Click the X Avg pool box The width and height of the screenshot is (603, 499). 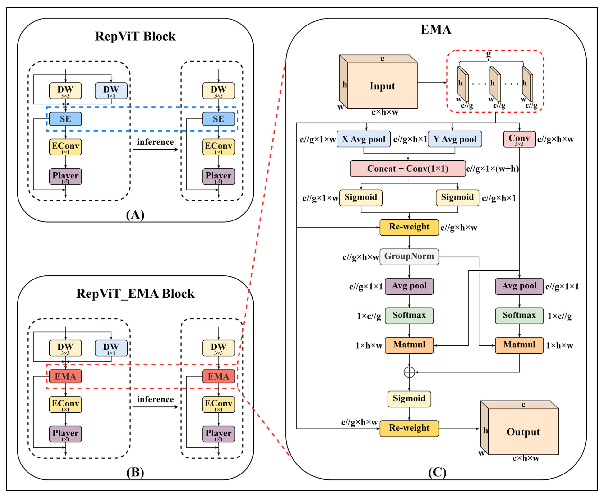point(364,139)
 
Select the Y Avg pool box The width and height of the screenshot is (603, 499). point(455,139)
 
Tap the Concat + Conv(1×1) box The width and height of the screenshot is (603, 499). point(408,168)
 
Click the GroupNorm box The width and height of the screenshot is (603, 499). point(409,257)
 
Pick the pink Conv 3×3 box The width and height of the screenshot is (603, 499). point(519,139)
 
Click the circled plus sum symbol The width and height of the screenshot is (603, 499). point(409,372)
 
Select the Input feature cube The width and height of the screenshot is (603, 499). point(382,85)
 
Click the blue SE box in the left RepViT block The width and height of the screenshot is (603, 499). point(65,119)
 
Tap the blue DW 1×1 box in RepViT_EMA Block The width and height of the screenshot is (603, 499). point(111,348)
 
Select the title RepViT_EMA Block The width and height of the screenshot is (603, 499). point(135,294)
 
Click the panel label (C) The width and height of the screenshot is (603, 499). point(437,472)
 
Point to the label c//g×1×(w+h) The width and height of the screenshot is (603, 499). point(492,169)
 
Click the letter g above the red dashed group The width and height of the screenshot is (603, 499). point(488,54)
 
